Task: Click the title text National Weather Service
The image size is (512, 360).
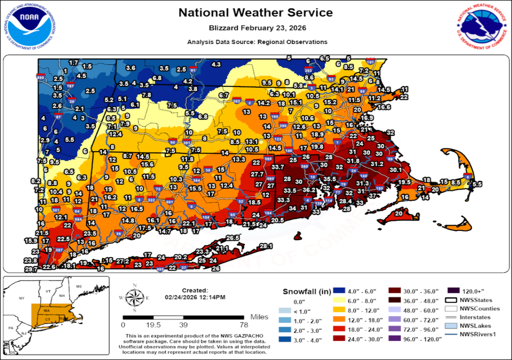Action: (255, 12)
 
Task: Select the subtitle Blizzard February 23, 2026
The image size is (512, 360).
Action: (255, 27)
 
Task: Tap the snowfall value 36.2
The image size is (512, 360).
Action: (308, 190)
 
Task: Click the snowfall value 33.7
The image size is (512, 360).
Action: (277, 166)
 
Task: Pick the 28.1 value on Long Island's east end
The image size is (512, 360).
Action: (265, 246)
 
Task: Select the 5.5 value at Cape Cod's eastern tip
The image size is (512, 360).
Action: (477, 184)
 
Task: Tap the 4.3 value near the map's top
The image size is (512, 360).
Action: (216, 64)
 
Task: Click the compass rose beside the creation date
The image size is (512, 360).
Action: (134, 297)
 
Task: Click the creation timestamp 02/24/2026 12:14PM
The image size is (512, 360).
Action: (194, 297)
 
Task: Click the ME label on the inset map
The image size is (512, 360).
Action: (78, 286)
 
